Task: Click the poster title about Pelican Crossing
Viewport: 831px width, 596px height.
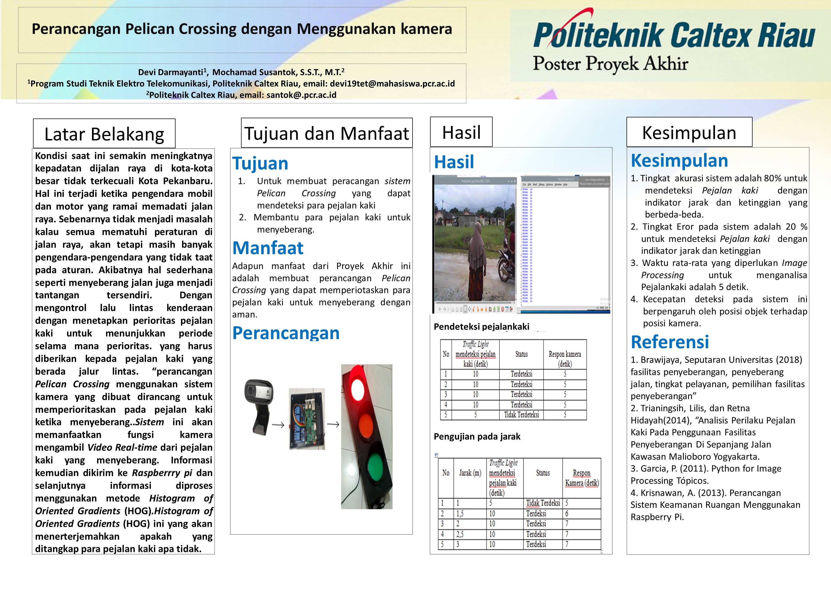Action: point(242,29)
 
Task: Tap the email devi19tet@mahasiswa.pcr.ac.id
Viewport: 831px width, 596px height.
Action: point(392,84)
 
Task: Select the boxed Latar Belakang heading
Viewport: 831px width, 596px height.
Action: point(104,134)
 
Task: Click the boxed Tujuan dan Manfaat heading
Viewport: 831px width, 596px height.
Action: point(327,133)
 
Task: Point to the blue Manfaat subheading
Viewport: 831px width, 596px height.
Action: point(268,248)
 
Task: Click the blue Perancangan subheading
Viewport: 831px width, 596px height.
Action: point(286,332)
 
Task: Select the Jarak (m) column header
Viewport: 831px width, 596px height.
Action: point(470,473)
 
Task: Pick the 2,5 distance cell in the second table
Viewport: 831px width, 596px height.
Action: point(460,534)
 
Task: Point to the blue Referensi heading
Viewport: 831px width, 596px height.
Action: point(670,342)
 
